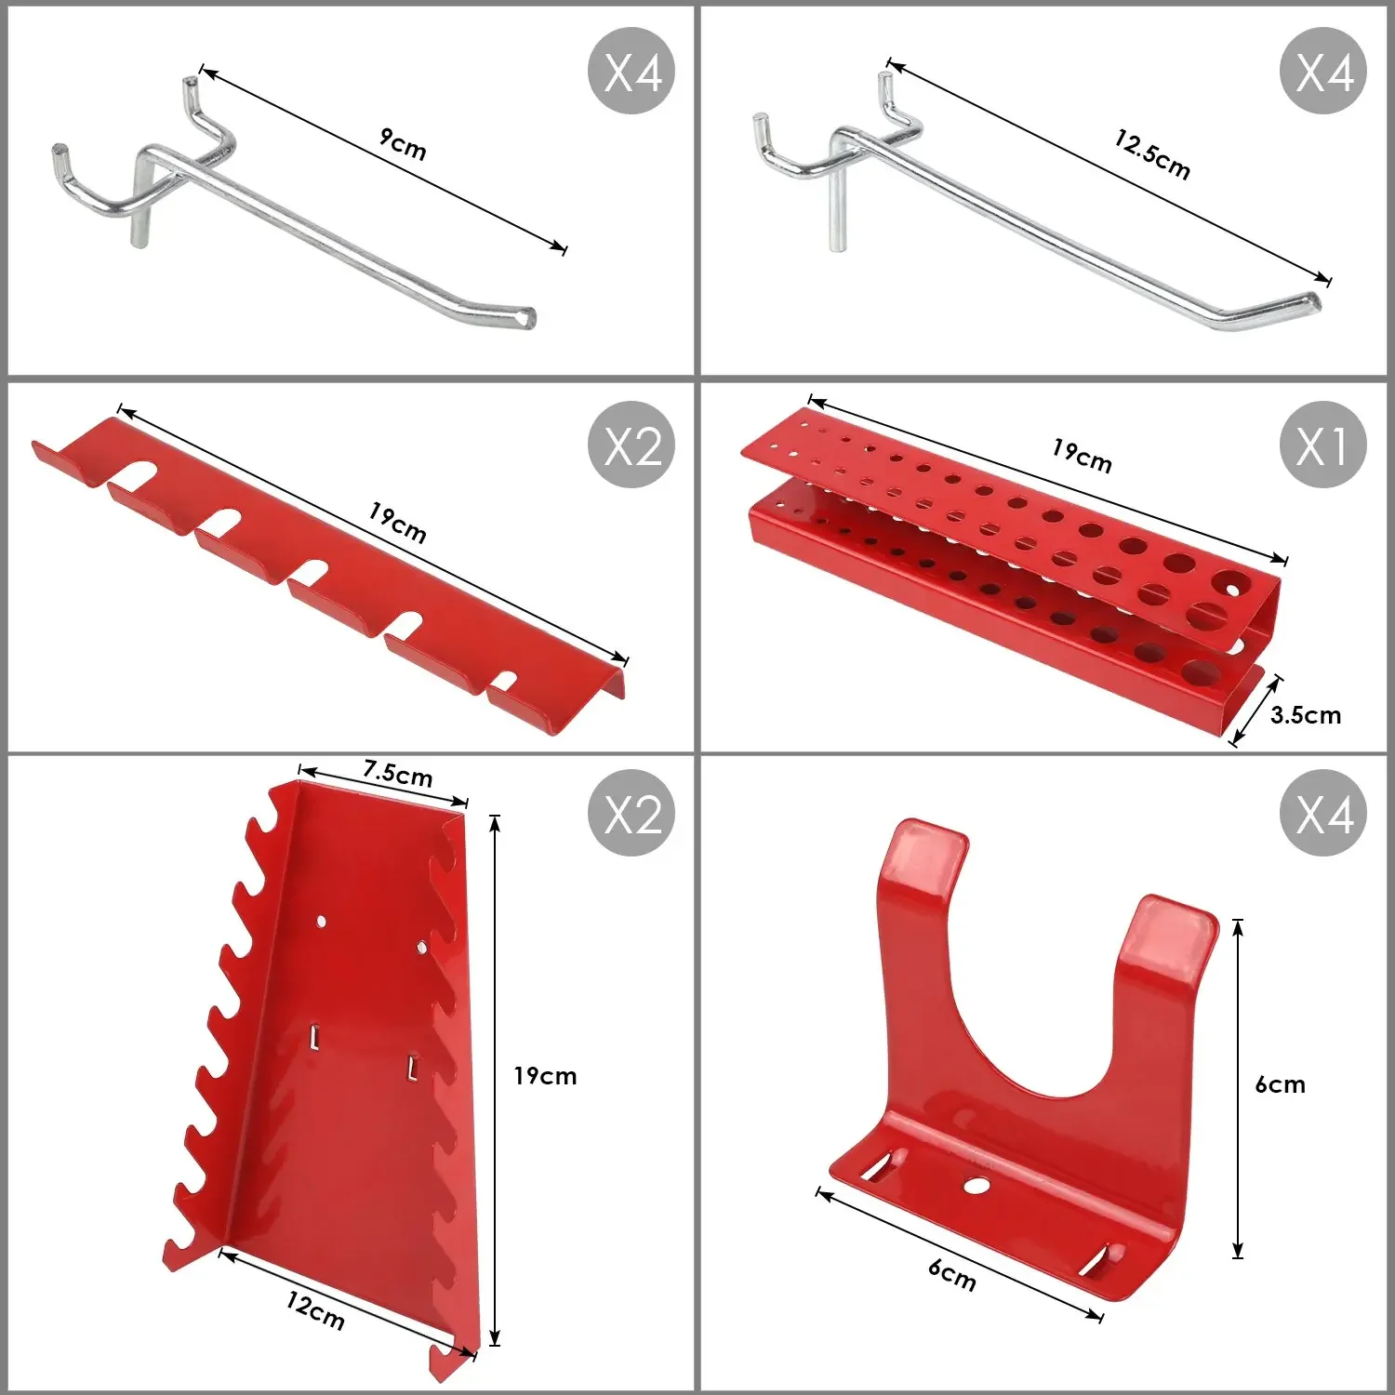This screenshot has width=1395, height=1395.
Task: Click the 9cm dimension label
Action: click(403, 144)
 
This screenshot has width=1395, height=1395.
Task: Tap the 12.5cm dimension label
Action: click(1152, 154)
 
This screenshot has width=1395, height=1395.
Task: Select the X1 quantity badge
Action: click(1322, 445)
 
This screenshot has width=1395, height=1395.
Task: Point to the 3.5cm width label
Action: click(1306, 714)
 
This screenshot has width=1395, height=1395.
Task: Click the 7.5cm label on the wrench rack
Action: click(398, 773)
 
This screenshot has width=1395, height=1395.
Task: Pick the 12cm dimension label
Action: click(315, 1310)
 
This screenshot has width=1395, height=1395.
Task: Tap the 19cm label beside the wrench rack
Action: click(546, 1076)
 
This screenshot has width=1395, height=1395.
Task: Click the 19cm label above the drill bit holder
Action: click(1082, 455)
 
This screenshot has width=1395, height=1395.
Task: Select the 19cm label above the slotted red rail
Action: click(398, 523)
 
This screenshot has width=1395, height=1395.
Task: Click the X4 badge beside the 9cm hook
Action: click(632, 71)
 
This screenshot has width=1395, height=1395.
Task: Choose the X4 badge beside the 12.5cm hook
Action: click(1322, 71)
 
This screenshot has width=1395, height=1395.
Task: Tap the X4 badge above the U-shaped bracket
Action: click(1322, 813)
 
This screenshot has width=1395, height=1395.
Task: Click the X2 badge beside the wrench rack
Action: click(632, 813)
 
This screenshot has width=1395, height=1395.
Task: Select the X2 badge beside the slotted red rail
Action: click(632, 445)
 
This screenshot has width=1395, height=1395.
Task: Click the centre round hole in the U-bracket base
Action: click(976, 1185)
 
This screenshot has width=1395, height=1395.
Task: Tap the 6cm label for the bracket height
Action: click(1281, 1084)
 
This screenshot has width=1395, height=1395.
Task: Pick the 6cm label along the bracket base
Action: click(952, 1275)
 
